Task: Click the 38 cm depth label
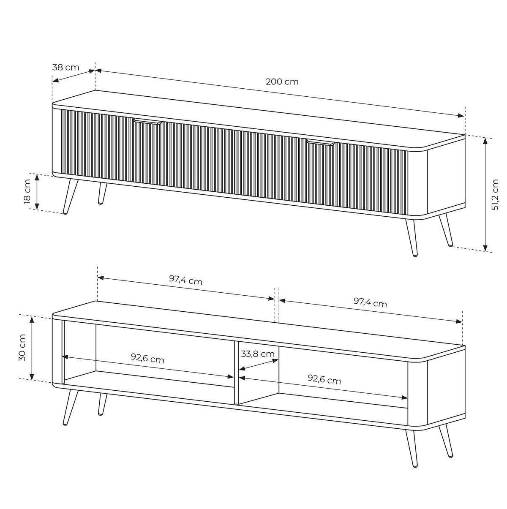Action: [66, 68]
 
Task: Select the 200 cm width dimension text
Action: [282, 82]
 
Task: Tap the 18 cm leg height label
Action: [27, 191]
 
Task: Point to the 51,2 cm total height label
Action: [495, 194]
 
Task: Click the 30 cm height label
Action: [22, 348]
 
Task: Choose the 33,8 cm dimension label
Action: [258, 354]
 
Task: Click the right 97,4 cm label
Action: [370, 302]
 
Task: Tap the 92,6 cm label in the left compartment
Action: [147, 359]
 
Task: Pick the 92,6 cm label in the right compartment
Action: [324, 380]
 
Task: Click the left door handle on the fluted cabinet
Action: [148, 122]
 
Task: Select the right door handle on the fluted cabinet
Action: [321, 143]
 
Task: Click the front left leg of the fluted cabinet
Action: [70, 196]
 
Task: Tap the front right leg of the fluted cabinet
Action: [412, 237]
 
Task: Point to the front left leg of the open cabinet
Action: [70, 407]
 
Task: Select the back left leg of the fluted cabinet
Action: [102, 193]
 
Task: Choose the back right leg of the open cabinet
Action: [446, 441]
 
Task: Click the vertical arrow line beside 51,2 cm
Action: [485, 194]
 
